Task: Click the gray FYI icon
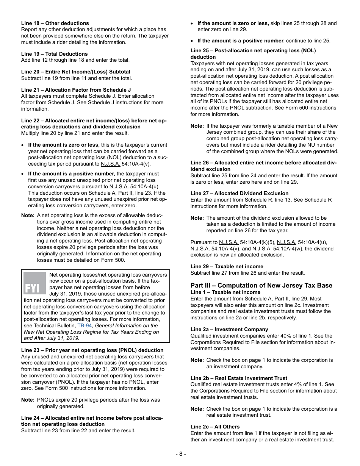point(34,283)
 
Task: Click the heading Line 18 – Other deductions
point(55,23)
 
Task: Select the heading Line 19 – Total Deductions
point(54,54)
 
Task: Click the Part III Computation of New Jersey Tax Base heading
point(261,285)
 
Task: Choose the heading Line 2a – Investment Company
point(229,329)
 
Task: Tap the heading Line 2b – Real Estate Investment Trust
point(239,378)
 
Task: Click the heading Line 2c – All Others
point(215,427)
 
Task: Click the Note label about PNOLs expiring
point(28,400)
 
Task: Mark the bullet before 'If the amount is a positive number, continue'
point(193,41)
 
